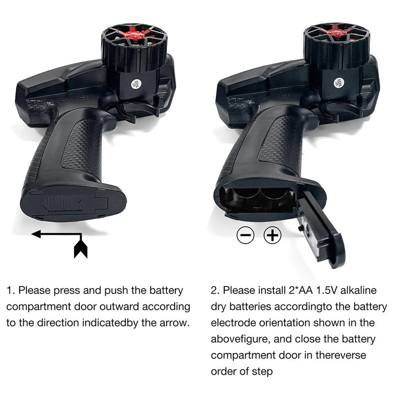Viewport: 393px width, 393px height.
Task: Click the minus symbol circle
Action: pos(246,235)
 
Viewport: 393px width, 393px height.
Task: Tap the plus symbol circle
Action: pos(272,235)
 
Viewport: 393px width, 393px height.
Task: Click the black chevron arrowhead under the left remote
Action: pos(81,249)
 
